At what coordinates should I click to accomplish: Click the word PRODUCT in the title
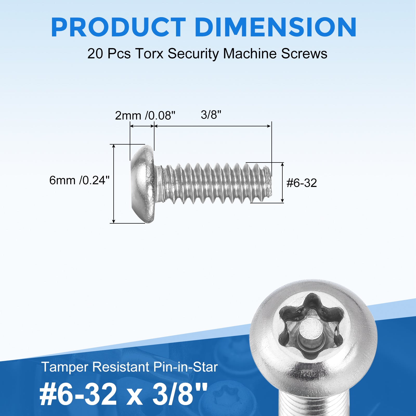118,27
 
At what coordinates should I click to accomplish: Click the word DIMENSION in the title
275,27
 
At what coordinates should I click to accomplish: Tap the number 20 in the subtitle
95,54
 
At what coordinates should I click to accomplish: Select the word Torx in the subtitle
149,54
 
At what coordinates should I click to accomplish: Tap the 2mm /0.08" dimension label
145,115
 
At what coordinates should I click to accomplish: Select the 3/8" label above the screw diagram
211,115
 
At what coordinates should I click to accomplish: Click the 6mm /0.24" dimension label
80,180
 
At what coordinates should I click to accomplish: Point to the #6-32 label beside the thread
302,183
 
